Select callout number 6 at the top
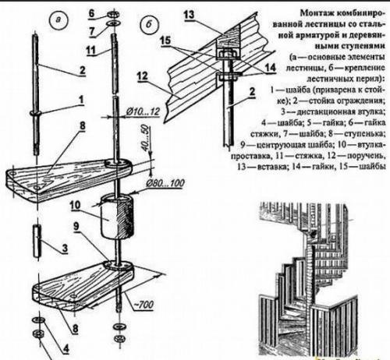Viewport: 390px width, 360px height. pos(90,12)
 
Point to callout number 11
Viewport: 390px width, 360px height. pos(90,50)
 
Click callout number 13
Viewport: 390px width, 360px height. pos(189,15)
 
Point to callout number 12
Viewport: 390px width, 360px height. pos(141,98)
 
